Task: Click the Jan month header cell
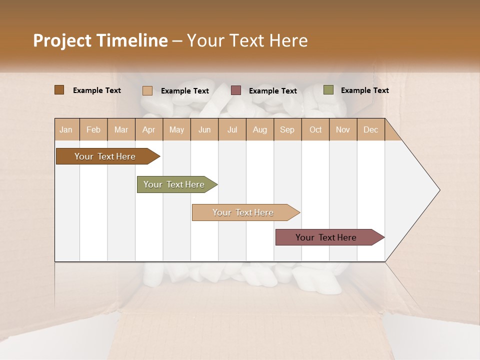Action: click(x=66, y=129)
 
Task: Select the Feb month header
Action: click(x=93, y=129)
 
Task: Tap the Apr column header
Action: click(x=149, y=129)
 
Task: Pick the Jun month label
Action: click(x=204, y=129)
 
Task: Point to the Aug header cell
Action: click(x=260, y=129)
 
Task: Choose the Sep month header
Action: click(x=287, y=129)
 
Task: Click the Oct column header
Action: click(x=315, y=129)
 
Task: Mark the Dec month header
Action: click(x=371, y=129)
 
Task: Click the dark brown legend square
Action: click(x=59, y=90)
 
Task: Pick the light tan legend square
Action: click(x=147, y=90)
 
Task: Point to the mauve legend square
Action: click(x=236, y=90)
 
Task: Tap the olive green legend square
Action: click(x=328, y=90)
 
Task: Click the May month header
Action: click(x=176, y=129)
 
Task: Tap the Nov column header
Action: click(x=343, y=129)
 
